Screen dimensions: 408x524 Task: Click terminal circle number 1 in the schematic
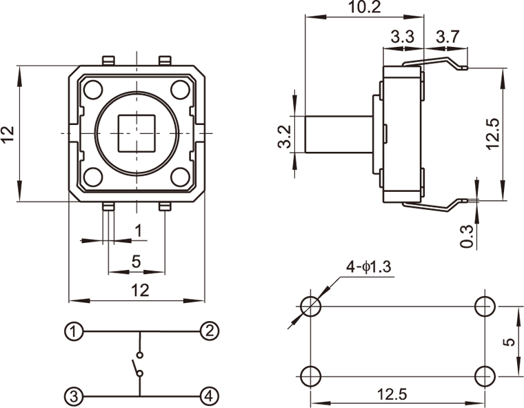click(74, 331)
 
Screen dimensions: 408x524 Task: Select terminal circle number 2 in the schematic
click(210, 331)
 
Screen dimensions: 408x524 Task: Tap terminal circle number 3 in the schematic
click(74, 396)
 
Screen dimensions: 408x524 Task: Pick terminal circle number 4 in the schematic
click(210, 396)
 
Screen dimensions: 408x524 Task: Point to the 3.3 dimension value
click(402, 38)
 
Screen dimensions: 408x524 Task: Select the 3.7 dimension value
click(447, 38)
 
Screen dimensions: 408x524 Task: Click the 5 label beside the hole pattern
click(510, 341)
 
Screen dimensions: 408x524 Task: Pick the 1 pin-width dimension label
click(138, 230)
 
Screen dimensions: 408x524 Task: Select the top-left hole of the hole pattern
click(312, 305)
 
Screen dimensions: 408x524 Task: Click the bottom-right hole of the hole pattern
click(485, 376)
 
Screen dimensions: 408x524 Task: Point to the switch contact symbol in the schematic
click(138, 365)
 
